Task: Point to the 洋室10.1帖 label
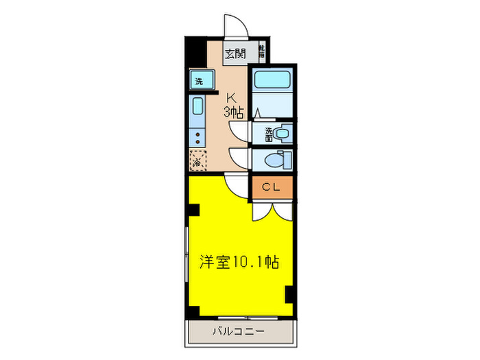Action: (239, 261)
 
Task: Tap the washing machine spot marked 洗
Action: (199, 81)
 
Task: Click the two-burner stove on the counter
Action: (198, 134)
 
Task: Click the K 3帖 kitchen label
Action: (233, 104)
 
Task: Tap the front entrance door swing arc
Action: (237, 27)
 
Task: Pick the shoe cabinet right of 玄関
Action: (261, 51)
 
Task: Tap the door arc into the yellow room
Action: (235, 183)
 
